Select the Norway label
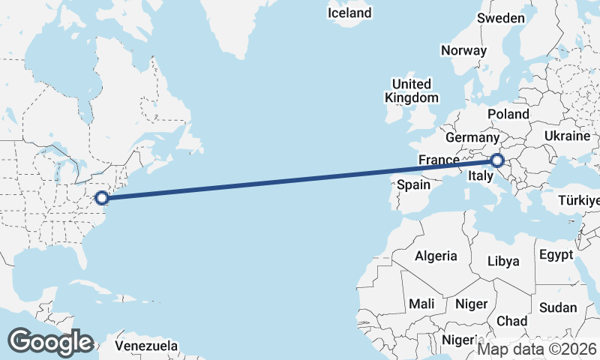click(463, 50)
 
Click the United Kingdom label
click(411, 91)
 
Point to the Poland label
click(508, 114)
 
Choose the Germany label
click(472, 138)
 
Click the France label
click(438, 160)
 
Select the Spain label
click(413, 184)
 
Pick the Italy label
click(479, 176)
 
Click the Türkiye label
click(579, 200)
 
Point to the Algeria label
click(436, 256)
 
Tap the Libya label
click(503, 261)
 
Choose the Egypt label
click(556, 254)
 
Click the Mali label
click(421, 304)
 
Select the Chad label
click(512, 320)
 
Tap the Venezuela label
click(147, 346)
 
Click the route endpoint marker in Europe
click(496, 160)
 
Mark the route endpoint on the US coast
click(103, 198)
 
